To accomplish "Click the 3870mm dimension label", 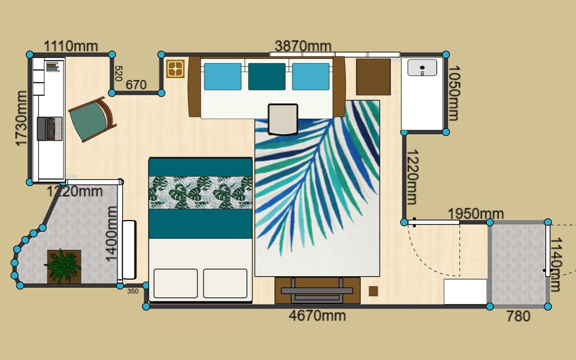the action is [303, 46].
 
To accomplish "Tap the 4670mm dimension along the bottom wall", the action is [317, 316].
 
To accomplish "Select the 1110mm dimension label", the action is [71, 46].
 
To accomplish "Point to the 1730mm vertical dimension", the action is [21, 118].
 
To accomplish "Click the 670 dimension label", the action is [136, 85].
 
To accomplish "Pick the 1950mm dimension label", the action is [476, 214].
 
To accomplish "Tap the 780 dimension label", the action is [518, 316].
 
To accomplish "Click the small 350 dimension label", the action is [132, 291].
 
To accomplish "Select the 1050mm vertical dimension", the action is [454, 93].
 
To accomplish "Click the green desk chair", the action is [92, 120].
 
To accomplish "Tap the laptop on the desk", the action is [50, 128].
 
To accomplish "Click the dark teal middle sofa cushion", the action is [267, 77].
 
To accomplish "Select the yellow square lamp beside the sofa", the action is [175, 69].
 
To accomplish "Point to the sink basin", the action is [422, 67].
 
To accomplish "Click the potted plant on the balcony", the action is [63, 266].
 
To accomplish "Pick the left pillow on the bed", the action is [176, 283].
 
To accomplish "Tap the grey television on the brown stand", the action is [317, 291].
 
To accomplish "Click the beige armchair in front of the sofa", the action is [283, 119].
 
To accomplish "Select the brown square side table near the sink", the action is [374, 77].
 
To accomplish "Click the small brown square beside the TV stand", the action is [374, 291].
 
